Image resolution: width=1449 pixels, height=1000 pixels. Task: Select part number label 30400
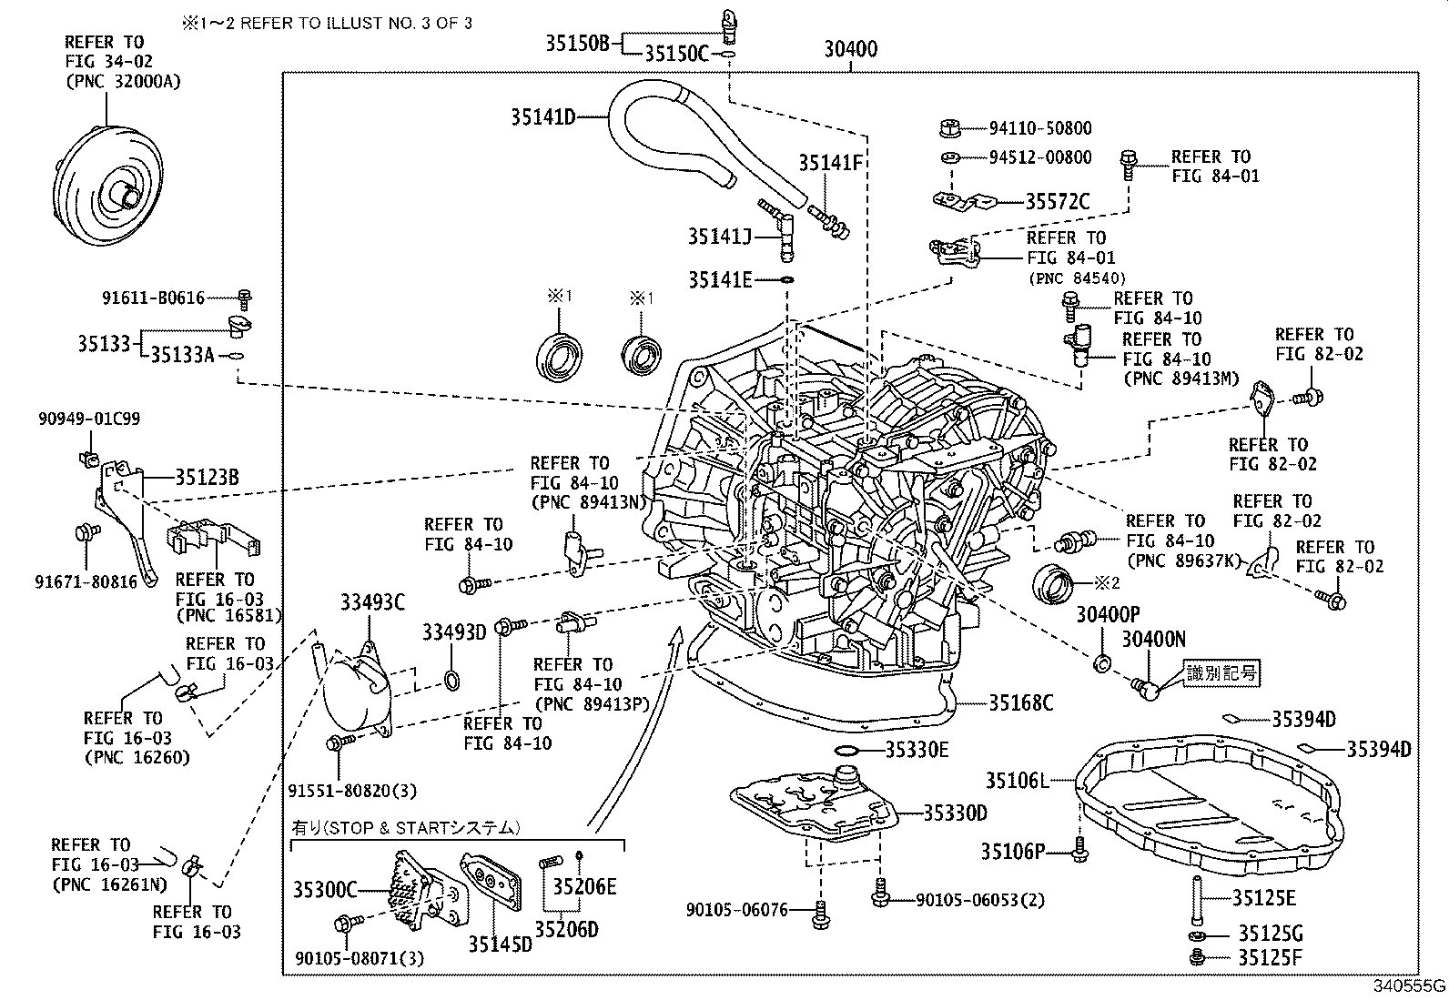(850, 49)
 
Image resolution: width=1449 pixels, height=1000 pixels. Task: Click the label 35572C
(1057, 202)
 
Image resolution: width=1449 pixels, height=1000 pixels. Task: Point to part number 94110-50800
(1040, 128)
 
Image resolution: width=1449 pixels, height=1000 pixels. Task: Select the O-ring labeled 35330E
(846, 751)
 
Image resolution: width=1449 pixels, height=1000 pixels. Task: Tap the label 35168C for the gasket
(1020, 702)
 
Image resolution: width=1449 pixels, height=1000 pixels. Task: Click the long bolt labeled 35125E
(1195, 898)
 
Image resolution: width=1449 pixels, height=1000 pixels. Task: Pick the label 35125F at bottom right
(1270, 957)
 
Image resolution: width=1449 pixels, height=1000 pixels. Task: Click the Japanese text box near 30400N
(1221, 673)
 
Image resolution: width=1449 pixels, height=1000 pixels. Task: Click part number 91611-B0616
(153, 297)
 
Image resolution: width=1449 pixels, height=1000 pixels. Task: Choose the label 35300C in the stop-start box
(324, 889)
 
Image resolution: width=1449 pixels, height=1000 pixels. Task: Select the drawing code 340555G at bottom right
(1409, 986)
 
